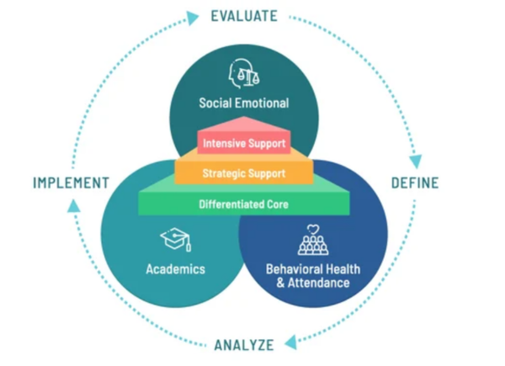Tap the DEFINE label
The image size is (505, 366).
(415, 183)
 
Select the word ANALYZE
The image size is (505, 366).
(244, 344)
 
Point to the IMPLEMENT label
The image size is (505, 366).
(71, 183)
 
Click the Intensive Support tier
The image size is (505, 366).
(244, 143)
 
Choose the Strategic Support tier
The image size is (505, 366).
(244, 173)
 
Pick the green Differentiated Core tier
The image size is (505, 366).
(244, 204)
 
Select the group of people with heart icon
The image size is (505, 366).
(312, 242)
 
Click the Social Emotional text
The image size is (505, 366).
(244, 104)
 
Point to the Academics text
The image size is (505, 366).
(175, 269)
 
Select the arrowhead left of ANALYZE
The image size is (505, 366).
(290, 342)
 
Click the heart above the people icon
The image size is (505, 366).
(312, 230)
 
